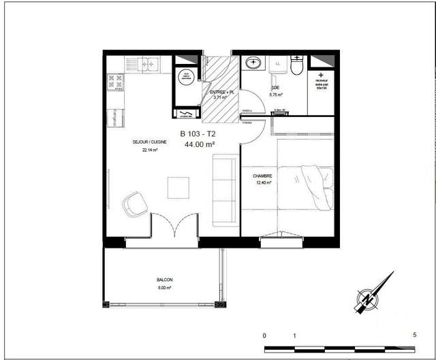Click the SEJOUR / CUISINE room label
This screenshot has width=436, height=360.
click(x=150, y=142)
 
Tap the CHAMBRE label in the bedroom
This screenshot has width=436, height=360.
click(x=263, y=175)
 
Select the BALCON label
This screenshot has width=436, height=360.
click(x=164, y=280)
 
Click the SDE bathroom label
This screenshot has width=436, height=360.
click(x=275, y=88)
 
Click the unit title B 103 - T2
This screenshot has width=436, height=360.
click(x=197, y=134)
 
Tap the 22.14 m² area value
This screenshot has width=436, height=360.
click(x=150, y=150)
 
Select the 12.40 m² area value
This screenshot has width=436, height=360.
click(x=263, y=182)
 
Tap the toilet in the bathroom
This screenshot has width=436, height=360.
click(x=297, y=66)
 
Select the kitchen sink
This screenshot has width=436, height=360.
click(x=146, y=65)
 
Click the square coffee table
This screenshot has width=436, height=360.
click(x=179, y=187)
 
